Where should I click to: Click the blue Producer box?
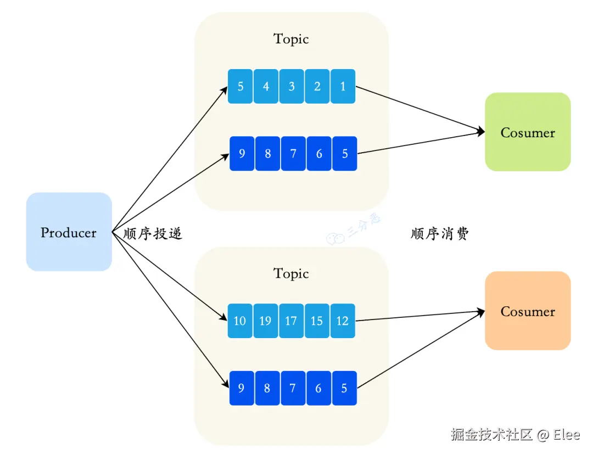(x=69, y=232)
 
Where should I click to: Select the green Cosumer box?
(x=528, y=132)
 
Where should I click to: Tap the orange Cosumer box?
(x=528, y=311)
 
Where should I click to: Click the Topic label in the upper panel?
(x=291, y=39)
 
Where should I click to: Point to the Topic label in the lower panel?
(x=291, y=273)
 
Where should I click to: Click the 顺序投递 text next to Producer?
(x=153, y=234)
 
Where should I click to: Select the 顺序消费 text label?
(x=440, y=234)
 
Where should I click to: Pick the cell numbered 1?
(x=343, y=86)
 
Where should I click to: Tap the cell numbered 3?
(x=292, y=86)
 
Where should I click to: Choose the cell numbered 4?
(x=266, y=86)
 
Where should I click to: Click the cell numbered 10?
(x=240, y=321)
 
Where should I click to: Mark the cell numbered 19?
(x=266, y=321)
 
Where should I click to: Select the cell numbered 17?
(x=292, y=321)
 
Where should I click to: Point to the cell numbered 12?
(x=343, y=321)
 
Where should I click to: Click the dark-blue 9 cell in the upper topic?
(x=242, y=154)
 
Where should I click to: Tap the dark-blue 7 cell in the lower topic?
(x=293, y=388)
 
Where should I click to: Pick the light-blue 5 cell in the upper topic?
(x=240, y=86)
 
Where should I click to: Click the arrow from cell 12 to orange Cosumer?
(x=420, y=316)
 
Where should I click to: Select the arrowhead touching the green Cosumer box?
(x=482, y=132)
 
